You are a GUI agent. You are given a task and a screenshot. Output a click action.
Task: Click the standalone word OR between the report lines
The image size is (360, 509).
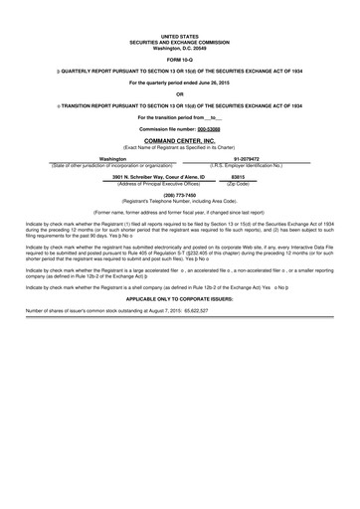(x=179, y=93)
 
